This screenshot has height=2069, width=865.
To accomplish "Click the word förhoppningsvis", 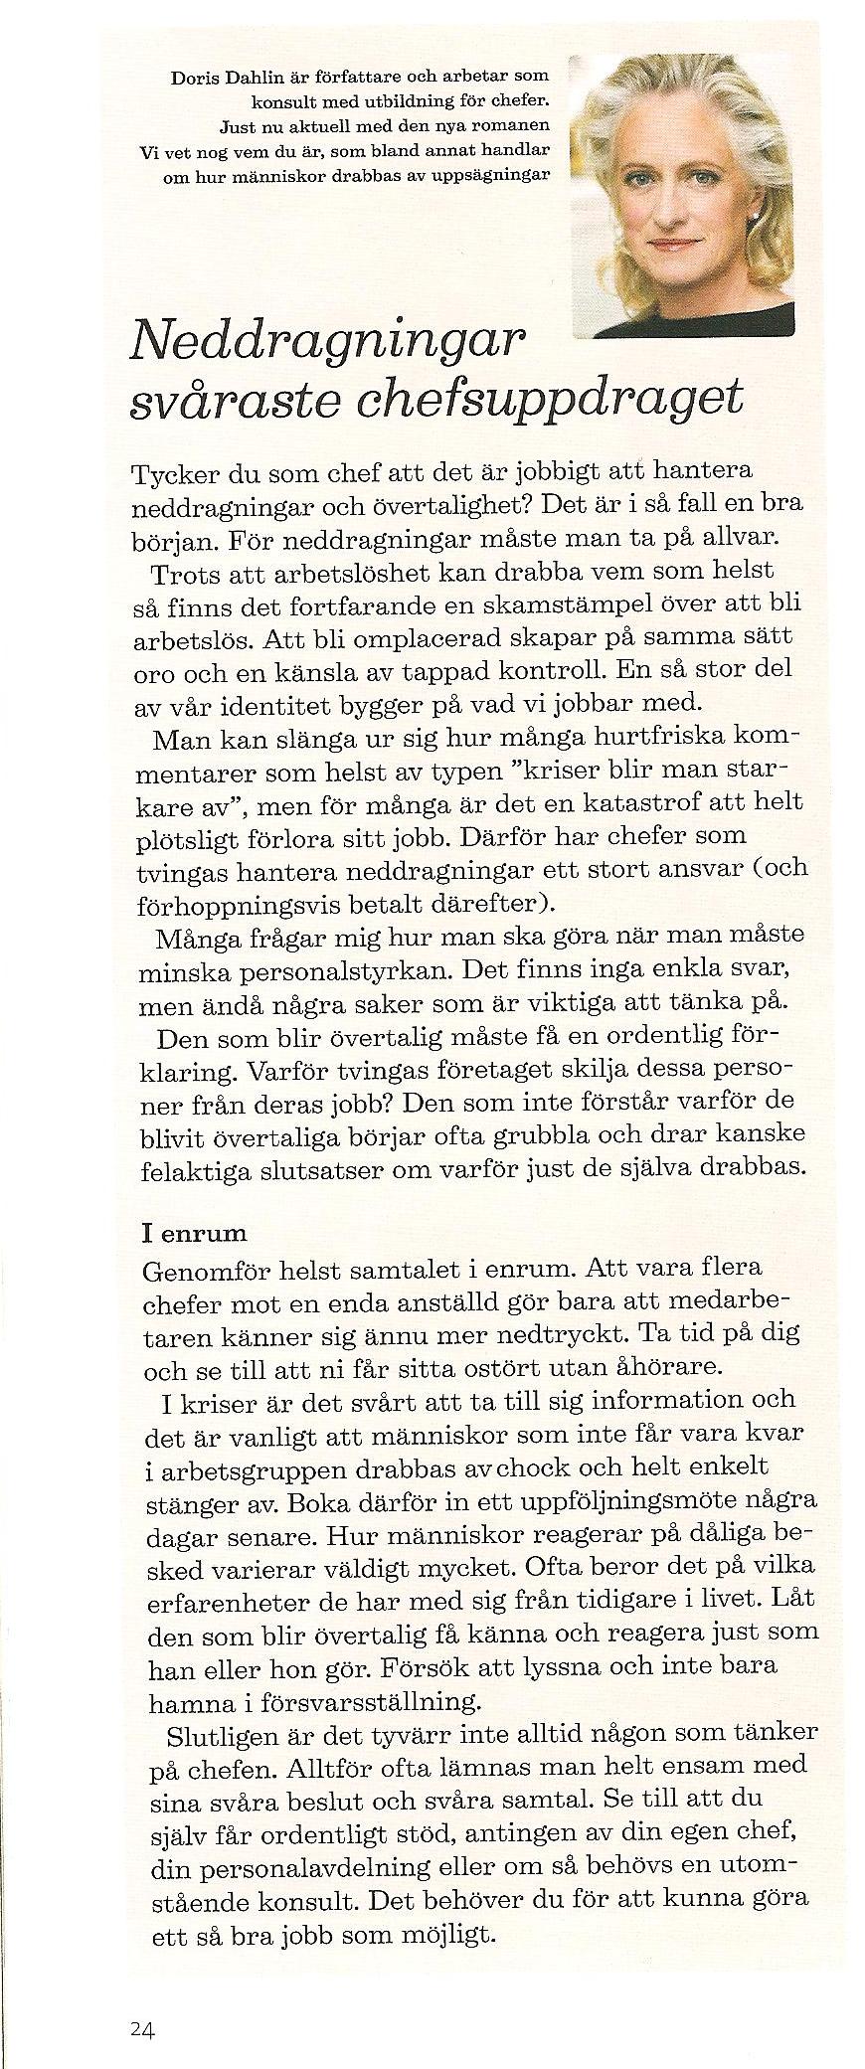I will pyautogui.click(x=232, y=906).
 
